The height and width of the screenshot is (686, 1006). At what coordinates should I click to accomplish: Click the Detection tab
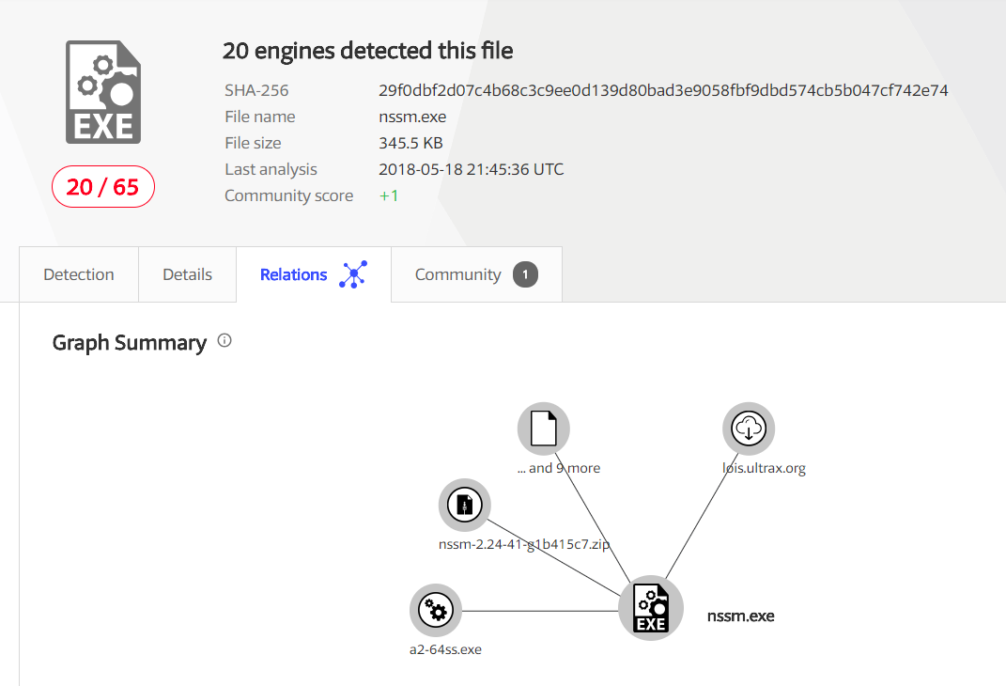click(x=79, y=274)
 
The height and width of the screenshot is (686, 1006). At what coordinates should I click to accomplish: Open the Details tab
click(x=187, y=274)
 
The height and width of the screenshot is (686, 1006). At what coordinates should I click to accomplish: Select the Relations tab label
click(x=293, y=274)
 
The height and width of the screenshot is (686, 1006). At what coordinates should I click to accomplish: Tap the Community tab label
click(x=457, y=274)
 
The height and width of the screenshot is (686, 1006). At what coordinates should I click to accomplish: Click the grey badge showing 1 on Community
click(x=525, y=274)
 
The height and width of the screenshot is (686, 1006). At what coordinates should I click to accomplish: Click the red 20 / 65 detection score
click(x=102, y=187)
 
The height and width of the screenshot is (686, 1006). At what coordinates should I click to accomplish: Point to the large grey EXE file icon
click(x=103, y=92)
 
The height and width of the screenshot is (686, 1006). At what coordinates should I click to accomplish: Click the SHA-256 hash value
click(x=663, y=90)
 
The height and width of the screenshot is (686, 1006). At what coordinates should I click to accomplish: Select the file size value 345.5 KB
click(x=410, y=143)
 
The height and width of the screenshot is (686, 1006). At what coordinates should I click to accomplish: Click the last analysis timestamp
click(x=471, y=169)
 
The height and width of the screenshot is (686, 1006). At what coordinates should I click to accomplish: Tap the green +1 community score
click(x=389, y=195)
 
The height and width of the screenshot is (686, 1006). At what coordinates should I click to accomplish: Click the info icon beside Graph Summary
click(x=224, y=341)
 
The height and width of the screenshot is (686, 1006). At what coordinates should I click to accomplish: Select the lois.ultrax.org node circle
click(x=749, y=429)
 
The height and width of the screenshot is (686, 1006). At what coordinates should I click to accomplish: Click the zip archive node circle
click(x=465, y=505)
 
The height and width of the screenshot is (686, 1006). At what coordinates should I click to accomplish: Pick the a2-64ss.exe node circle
click(x=436, y=611)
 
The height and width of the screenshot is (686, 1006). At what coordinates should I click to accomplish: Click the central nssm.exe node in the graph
click(x=650, y=608)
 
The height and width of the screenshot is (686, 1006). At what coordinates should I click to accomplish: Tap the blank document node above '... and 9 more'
click(x=544, y=429)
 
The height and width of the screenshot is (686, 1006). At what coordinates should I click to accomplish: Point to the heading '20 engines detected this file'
click(x=367, y=50)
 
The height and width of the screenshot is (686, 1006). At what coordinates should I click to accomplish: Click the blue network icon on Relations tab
click(x=353, y=274)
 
